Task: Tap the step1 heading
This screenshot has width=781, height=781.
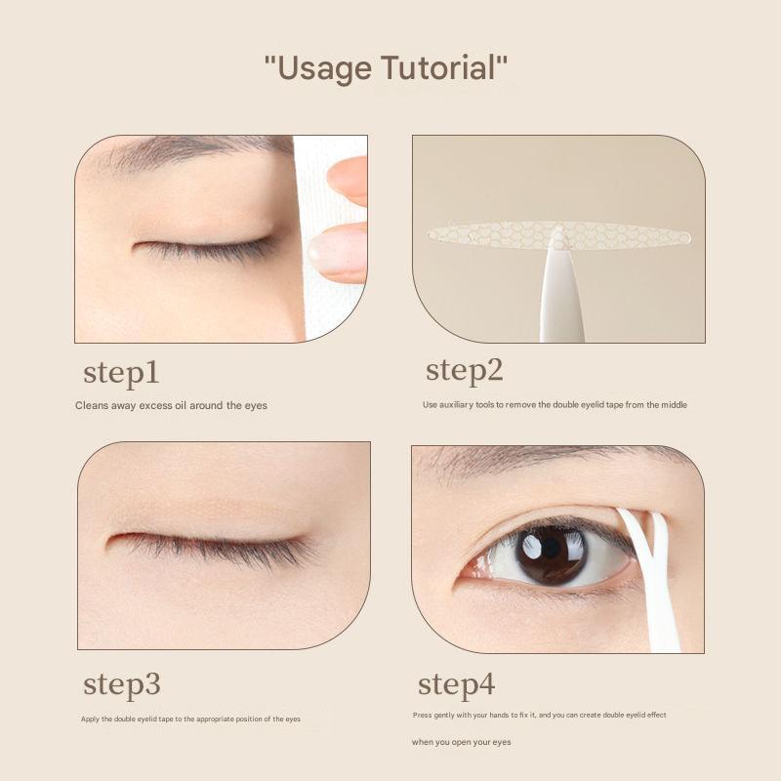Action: [x=121, y=373]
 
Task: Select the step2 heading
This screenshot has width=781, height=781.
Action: [x=465, y=371]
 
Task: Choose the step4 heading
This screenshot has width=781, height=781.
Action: [x=457, y=685]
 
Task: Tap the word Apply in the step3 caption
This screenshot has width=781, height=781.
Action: [x=91, y=719]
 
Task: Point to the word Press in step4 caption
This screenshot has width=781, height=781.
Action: [x=422, y=716]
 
